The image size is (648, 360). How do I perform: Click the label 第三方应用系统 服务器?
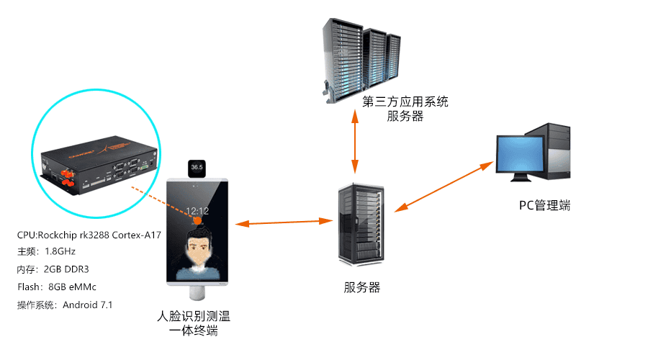[x=405, y=108]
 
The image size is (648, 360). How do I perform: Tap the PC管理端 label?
[x=544, y=205]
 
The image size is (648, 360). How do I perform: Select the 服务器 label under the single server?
[x=361, y=288]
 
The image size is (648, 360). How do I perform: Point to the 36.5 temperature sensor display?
[x=197, y=168]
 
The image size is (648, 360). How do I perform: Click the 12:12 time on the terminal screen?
[x=198, y=211]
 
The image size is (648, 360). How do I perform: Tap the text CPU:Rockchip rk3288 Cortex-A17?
[x=89, y=236]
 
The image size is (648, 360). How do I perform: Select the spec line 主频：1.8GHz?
[x=46, y=252]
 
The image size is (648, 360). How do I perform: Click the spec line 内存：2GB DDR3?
[x=53, y=269]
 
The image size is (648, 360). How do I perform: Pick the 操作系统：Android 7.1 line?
[x=65, y=305]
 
